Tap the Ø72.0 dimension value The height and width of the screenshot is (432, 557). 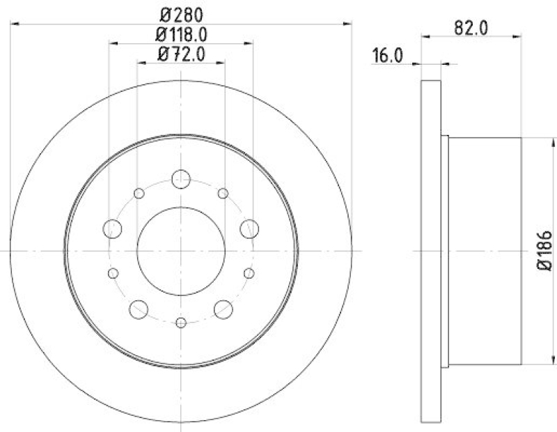(x=181, y=53)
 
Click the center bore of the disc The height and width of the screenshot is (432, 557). (x=181, y=250)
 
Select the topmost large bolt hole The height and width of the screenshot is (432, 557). (x=181, y=178)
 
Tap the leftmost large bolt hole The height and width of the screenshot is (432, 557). (x=113, y=228)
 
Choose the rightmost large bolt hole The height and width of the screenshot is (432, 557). (x=249, y=228)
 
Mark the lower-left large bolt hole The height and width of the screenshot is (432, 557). (x=139, y=308)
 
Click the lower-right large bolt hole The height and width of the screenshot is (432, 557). (x=223, y=308)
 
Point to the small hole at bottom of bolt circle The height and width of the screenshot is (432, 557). (x=181, y=322)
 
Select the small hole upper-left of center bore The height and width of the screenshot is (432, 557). (x=139, y=193)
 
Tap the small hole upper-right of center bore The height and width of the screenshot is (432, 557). (x=223, y=193)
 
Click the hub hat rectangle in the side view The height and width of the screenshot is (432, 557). (x=484, y=250)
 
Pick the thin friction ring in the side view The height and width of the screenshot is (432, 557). (x=432, y=250)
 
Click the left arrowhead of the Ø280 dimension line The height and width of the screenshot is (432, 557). (x=14, y=24)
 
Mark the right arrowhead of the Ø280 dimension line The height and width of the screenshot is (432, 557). (x=347, y=24)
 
